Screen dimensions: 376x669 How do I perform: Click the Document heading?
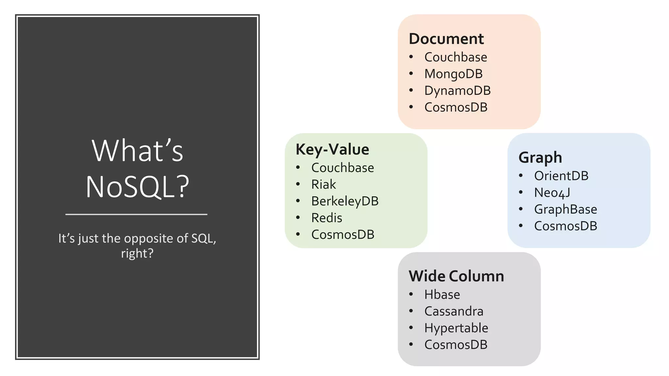pyautogui.click(x=446, y=39)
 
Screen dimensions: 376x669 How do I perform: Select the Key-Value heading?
pyautogui.click(x=332, y=149)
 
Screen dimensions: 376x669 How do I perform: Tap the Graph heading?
pyautogui.click(x=540, y=158)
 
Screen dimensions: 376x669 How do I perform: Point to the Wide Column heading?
pyautogui.click(x=456, y=276)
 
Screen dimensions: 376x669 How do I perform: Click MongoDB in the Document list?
pyautogui.click(x=453, y=74)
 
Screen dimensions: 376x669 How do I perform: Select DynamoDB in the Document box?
pyautogui.click(x=457, y=91)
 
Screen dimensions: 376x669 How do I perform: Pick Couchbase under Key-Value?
pyautogui.click(x=342, y=168)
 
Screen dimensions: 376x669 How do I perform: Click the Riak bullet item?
pyautogui.click(x=323, y=184)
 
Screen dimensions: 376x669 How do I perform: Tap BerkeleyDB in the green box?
pyautogui.click(x=345, y=201)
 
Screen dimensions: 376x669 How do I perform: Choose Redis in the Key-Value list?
pyautogui.click(x=327, y=218)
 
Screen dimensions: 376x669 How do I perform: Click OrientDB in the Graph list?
pyautogui.click(x=561, y=176)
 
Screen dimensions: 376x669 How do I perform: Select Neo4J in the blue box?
pyautogui.click(x=552, y=193)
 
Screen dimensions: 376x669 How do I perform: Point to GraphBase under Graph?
pyautogui.click(x=565, y=210)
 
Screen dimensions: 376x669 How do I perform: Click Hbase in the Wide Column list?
pyautogui.click(x=442, y=295)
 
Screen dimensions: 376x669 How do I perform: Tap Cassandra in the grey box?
pyautogui.click(x=454, y=311)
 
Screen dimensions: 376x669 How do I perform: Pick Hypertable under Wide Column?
pyautogui.click(x=456, y=328)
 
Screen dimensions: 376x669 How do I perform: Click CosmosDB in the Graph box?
pyautogui.click(x=565, y=226)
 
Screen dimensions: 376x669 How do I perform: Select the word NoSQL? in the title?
pyautogui.click(x=137, y=187)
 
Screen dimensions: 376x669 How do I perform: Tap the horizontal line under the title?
pyautogui.click(x=136, y=214)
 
